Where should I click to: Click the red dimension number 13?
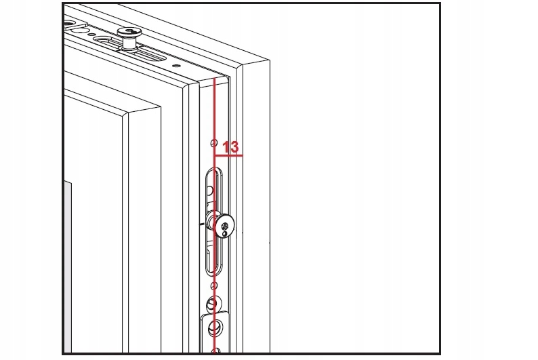point(230,146)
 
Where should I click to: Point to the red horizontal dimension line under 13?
point(228,155)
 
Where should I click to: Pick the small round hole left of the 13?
point(213,144)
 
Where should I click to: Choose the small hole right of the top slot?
point(175,66)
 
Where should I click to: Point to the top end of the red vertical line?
point(214,79)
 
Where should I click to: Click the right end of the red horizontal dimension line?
point(242,155)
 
